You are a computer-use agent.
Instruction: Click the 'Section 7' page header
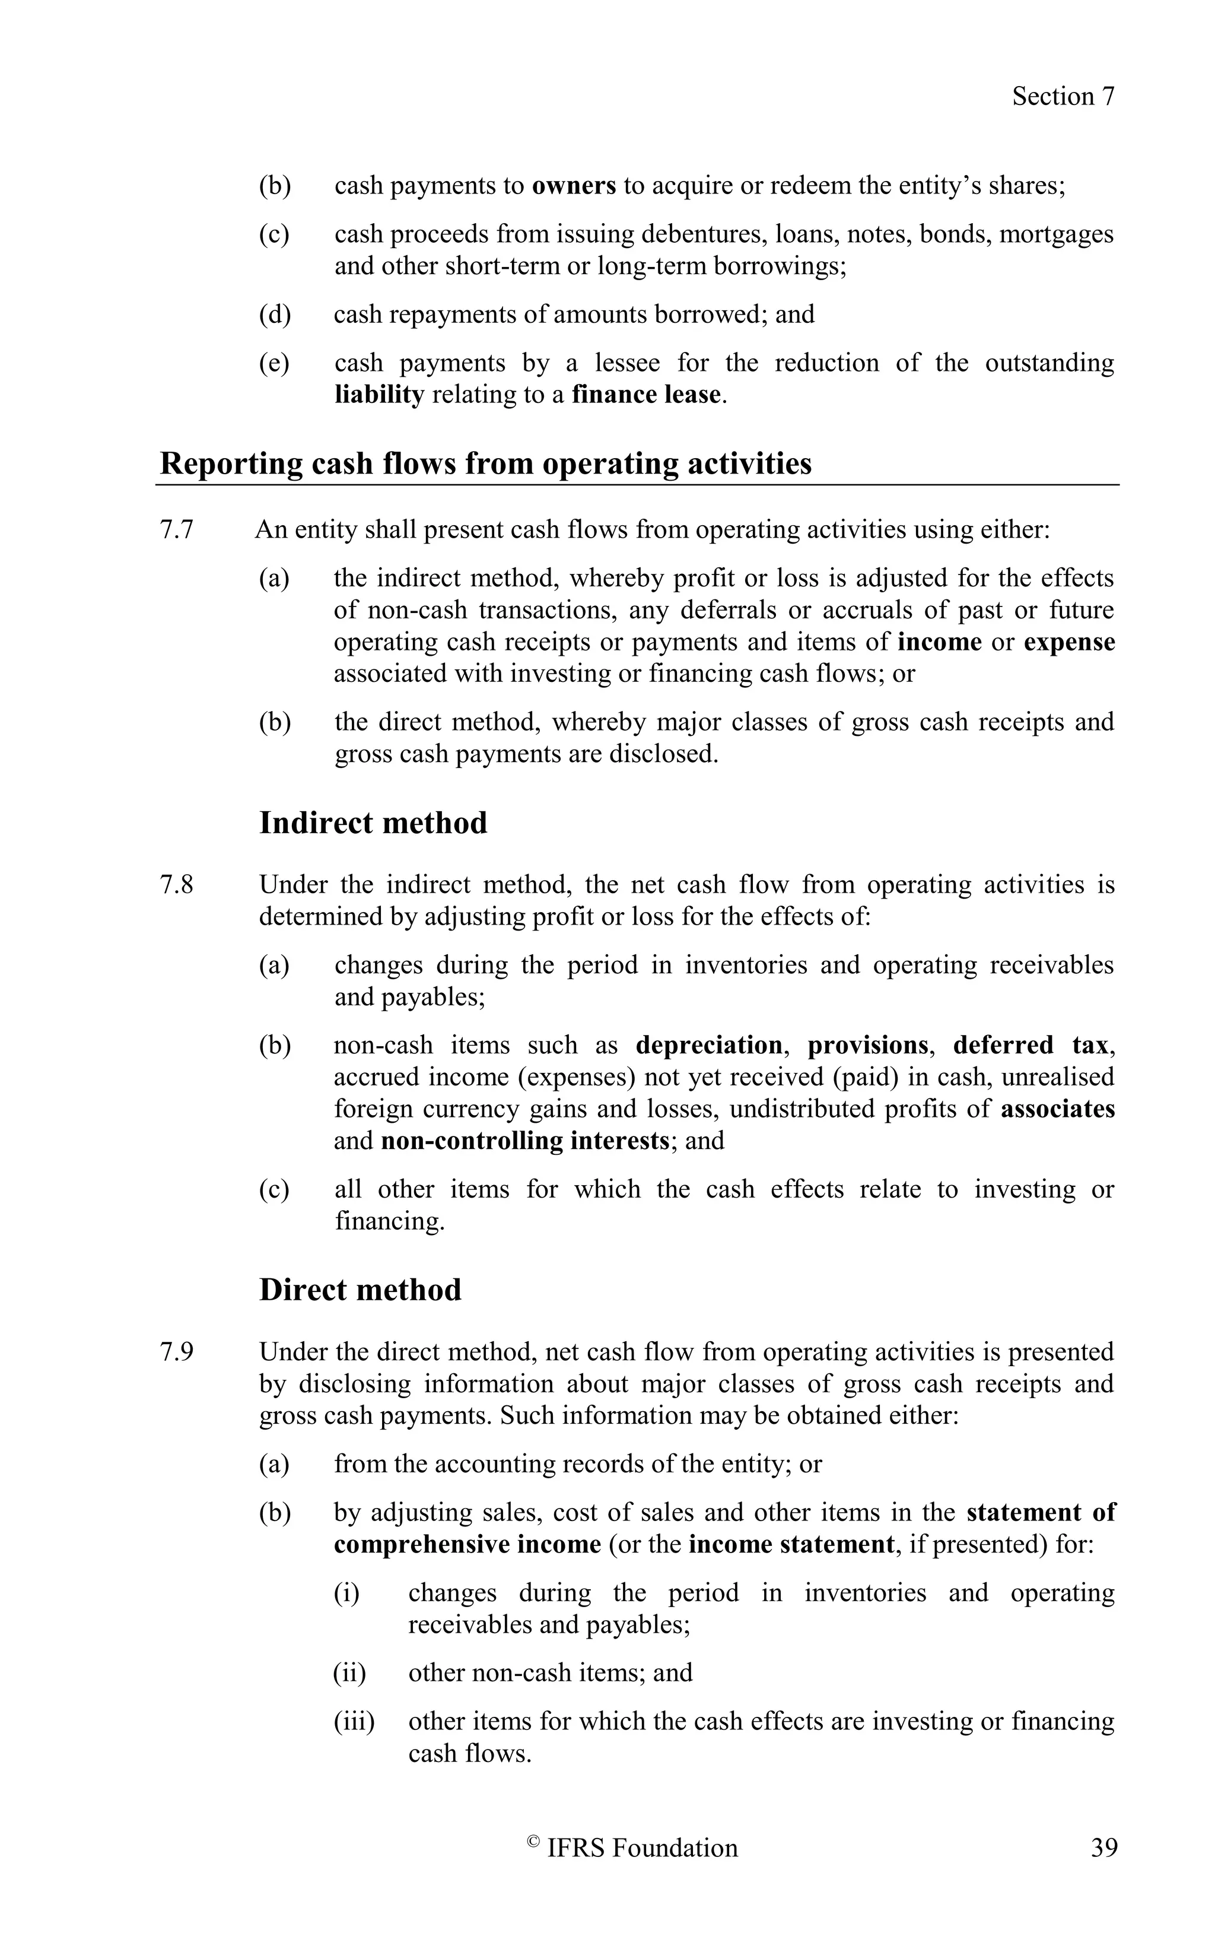pyautogui.click(x=1063, y=97)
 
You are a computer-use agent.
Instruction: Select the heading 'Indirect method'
pyautogui.click(x=373, y=823)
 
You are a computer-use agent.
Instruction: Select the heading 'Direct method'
pyautogui.click(x=360, y=1290)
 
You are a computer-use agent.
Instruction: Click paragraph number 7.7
pyautogui.click(x=177, y=531)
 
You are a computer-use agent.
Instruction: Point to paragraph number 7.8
pyautogui.click(x=177, y=885)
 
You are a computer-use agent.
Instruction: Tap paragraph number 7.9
pyautogui.click(x=177, y=1352)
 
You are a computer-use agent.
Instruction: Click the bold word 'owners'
pyautogui.click(x=574, y=186)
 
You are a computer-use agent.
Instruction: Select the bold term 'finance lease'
pyautogui.click(x=646, y=395)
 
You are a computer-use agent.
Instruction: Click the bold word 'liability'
pyautogui.click(x=379, y=395)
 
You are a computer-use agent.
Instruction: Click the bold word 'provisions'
pyautogui.click(x=867, y=1045)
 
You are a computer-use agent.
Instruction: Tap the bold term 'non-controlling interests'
pyautogui.click(x=524, y=1141)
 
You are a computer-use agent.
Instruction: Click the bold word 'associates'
pyautogui.click(x=1058, y=1109)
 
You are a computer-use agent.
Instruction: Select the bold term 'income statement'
pyautogui.click(x=791, y=1544)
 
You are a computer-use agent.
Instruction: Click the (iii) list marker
pyautogui.click(x=354, y=1721)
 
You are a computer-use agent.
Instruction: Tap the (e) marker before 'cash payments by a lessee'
pyautogui.click(x=274, y=363)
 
